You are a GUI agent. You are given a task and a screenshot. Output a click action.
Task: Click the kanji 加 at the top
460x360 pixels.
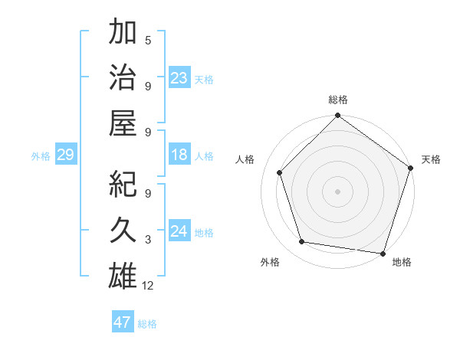(x=123, y=34)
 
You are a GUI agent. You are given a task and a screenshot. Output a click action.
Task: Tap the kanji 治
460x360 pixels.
(x=123, y=78)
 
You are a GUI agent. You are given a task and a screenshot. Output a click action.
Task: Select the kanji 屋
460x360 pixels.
(x=123, y=123)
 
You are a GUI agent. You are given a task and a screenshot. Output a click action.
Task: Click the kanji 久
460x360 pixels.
(x=123, y=231)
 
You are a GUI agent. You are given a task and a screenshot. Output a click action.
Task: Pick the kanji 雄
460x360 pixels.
(x=123, y=275)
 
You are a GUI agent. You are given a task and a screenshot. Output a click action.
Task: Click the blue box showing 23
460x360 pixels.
(x=179, y=78)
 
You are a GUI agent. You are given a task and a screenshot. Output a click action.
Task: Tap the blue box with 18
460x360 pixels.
(x=179, y=155)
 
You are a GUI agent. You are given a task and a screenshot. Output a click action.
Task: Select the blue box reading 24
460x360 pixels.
(x=179, y=231)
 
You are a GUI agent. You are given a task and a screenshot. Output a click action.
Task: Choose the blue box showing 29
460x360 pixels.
(x=65, y=155)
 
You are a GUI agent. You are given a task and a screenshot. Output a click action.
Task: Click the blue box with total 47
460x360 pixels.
(x=123, y=322)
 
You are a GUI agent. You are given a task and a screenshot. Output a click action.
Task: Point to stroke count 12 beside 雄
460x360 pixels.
(x=149, y=286)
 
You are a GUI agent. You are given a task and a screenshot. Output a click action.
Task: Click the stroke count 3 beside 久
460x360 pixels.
(x=148, y=241)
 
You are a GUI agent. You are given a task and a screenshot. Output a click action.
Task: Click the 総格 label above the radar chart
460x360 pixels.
(x=337, y=100)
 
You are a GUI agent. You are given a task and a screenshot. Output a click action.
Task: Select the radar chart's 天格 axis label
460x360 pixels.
(x=431, y=159)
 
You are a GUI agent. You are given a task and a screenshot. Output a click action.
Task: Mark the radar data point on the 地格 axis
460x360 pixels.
(x=383, y=253)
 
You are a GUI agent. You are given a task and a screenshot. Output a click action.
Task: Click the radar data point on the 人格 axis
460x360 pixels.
(x=280, y=172)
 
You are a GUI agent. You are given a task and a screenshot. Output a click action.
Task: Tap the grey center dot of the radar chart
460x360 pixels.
(x=337, y=191)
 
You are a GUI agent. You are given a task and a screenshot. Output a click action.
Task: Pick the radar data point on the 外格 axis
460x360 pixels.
(x=302, y=242)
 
